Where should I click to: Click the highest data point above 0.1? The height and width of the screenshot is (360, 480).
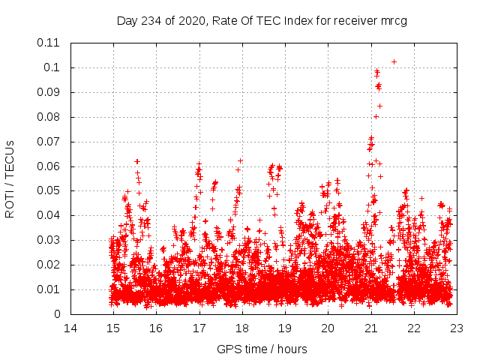pos(394,61)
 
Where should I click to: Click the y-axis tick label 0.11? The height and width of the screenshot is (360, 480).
pos(49,43)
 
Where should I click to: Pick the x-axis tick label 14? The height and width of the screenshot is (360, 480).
pos(70,328)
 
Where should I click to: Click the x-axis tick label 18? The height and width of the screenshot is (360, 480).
pos(242,328)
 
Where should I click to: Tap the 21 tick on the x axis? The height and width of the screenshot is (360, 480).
pos(370,328)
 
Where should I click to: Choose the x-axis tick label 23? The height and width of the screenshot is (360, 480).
pos(456,328)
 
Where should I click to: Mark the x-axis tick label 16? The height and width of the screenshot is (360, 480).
pos(156,328)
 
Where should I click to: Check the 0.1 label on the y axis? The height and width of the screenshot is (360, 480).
pos(52,67)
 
